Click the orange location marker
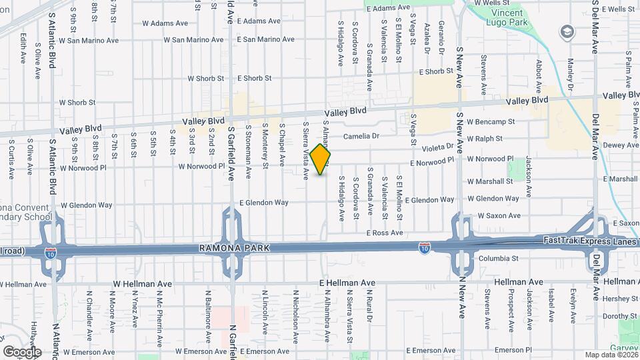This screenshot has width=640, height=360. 321,159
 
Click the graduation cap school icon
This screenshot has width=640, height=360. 567,31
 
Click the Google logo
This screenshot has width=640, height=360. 22,351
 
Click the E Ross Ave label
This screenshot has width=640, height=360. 385,233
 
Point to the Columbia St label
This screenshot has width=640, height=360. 499,258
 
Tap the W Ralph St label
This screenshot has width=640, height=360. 485,139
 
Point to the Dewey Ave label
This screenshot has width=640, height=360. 621,145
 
